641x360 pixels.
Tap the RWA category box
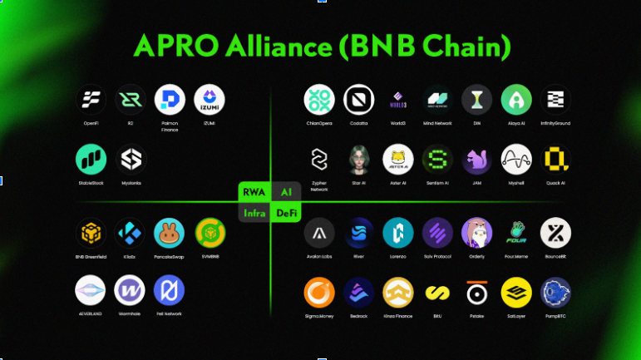[x=253, y=192]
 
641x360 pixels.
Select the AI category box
[x=287, y=192]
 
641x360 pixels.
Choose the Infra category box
[x=254, y=214]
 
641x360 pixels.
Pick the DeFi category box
[x=288, y=214]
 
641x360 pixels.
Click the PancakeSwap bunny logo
[x=169, y=234]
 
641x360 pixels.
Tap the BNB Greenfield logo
[x=91, y=234]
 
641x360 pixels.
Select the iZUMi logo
[x=209, y=100]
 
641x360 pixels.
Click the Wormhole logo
[x=130, y=290]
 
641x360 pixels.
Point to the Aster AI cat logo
[x=397, y=159]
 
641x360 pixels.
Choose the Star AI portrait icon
[x=359, y=159]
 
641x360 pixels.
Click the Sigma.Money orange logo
[x=319, y=293]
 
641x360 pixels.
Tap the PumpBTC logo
[x=555, y=293]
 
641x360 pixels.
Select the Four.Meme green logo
[x=516, y=234]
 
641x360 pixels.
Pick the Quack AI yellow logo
[x=555, y=159]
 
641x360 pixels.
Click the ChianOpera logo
[x=319, y=100]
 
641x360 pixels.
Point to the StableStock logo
[x=91, y=159]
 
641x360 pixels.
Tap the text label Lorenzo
[x=397, y=257]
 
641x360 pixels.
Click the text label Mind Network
[x=437, y=123]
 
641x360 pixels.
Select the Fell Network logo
[x=169, y=290]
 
